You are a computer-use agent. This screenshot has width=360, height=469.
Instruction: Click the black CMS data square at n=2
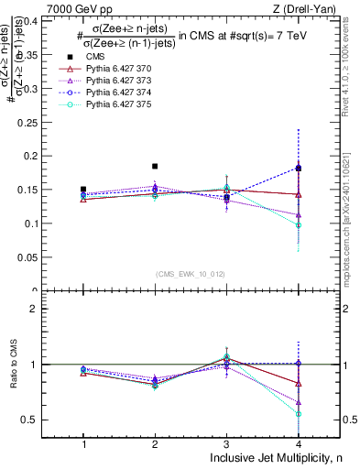click(x=155, y=166)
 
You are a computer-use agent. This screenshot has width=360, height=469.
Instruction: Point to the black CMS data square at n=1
click(x=83, y=190)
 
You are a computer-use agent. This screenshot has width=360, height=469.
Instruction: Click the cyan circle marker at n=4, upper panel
click(x=299, y=225)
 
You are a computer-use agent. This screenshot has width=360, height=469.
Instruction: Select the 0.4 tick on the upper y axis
click(x=42, y=19)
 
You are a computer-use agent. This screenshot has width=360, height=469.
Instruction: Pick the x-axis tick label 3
click(x=226, y=443)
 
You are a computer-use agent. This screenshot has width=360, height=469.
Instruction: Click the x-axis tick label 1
click(x=83, y=443)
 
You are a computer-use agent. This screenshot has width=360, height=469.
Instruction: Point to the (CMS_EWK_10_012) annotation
click(x=191, y=273)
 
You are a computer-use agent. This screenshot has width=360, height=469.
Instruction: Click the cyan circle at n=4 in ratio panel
click(x=299, y=414)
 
